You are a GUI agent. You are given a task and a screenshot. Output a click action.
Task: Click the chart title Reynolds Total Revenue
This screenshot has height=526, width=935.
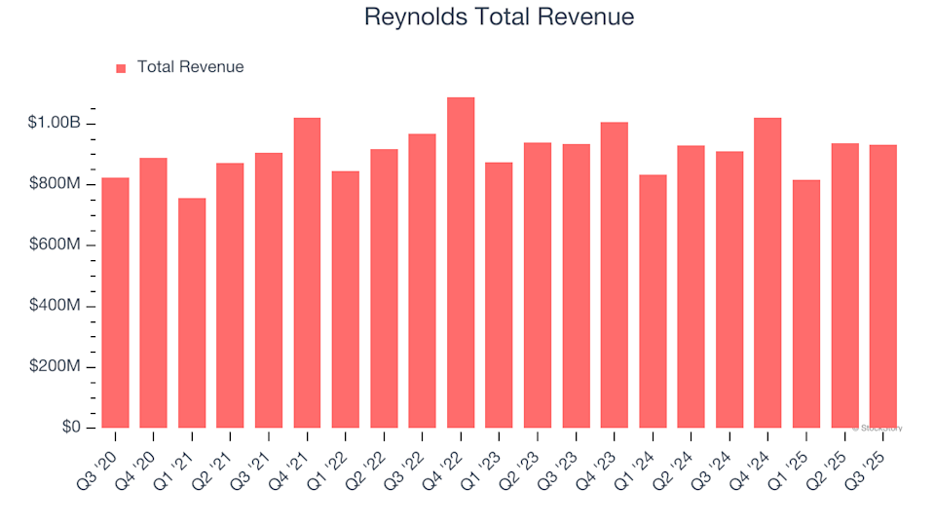pos(498,17)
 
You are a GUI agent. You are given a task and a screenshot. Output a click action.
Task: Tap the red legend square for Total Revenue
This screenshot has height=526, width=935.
pos(121,68)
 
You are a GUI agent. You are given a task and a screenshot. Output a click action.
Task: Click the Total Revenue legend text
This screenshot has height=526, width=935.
pos(190,67)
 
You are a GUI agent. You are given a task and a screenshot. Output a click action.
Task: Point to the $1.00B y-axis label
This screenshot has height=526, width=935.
pos(55,124)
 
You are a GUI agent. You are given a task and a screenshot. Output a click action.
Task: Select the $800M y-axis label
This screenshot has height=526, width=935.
pos(56,184)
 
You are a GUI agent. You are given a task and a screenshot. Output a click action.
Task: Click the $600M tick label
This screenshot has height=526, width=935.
pos(56,245)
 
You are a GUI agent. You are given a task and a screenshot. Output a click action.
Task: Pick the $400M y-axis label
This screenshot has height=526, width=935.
pos(56,306)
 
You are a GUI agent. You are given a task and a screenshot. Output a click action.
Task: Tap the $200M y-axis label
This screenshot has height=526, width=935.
pos(56,367)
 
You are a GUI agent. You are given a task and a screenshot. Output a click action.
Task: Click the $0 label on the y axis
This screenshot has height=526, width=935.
pos(71,428)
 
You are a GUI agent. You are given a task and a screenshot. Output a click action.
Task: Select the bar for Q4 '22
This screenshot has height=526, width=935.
pos(461,263)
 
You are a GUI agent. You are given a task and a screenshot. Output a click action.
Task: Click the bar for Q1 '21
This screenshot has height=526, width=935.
pos(192,313)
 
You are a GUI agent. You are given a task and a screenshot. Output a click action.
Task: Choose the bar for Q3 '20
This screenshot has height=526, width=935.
pos(115,303)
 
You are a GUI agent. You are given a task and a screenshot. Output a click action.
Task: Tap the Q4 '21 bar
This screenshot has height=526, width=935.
pos(307,273)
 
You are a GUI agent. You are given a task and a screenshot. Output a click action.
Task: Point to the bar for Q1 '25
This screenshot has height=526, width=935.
pos(805,304)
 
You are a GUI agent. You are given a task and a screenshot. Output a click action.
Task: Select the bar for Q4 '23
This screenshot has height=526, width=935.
pos(614,275)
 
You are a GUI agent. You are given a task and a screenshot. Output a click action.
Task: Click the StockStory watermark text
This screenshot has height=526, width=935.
pos(878,428)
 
